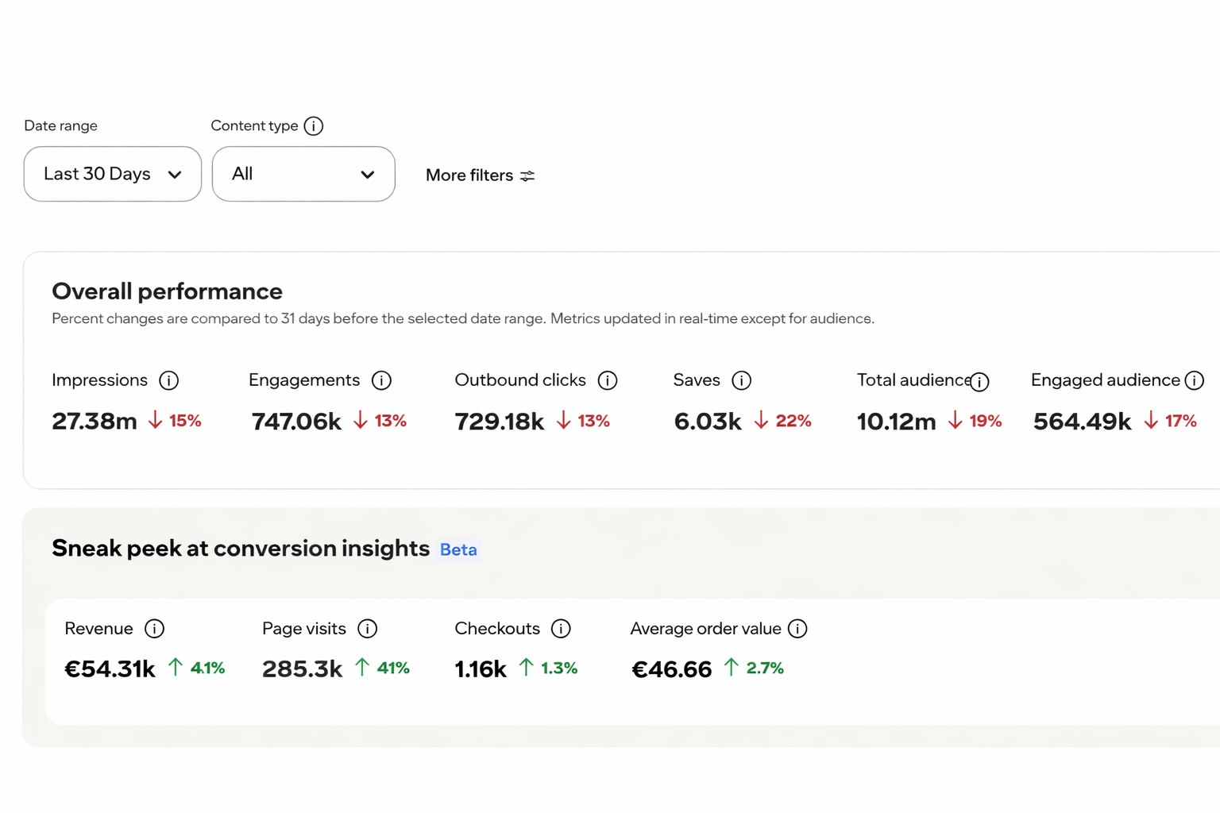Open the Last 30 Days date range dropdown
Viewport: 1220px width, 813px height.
tap(112, 174)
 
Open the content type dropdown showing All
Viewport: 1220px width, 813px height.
tap(303, 174)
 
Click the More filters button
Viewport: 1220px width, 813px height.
tap(480, 175)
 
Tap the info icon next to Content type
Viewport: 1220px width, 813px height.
tap(313, 125)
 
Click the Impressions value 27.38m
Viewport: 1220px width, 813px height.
tap(95, 421)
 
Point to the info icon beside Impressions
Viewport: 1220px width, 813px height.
tap(169, 380)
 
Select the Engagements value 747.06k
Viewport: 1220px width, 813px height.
tap(296, 421)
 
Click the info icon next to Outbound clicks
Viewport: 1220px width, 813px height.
tap(608, 380)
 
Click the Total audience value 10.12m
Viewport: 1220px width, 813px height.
tap(896, 422)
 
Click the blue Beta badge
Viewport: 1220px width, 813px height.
tap(458, 549)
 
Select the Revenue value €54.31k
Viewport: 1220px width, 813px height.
tap(110, 669)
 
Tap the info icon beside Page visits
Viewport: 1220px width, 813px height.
tap(367, 628)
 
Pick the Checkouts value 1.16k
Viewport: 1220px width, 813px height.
tap(481, 669)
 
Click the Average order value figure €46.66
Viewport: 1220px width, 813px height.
tap(671, 669)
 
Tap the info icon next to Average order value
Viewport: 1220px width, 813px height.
tap(797, 628)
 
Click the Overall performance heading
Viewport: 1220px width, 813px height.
tap(168, 291)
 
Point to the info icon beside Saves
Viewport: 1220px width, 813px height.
tap(741, 380)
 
